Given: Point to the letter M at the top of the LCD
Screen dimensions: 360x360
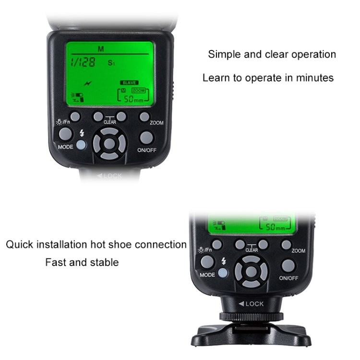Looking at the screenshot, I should [x=100, y=48].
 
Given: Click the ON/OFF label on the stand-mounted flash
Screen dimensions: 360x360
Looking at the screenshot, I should [x=288, y=278].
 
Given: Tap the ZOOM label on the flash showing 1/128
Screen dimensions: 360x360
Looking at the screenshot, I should [x=156, y=123].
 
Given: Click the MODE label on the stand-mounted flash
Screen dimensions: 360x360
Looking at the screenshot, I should [x=207, y=275].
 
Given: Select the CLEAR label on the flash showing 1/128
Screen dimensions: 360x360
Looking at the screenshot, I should [x=110, y=122].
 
